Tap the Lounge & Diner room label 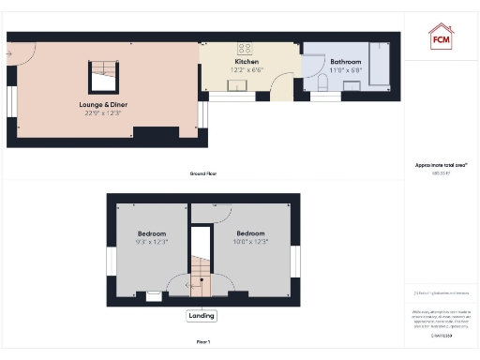(104, 105)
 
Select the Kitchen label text (247, 62)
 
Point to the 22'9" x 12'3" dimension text (104, 113)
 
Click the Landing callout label (202, 316)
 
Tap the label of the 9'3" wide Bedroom (152, 233)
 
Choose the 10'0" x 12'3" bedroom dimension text (250, 242)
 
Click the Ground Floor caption (203, 173)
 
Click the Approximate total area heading (441, 165)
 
